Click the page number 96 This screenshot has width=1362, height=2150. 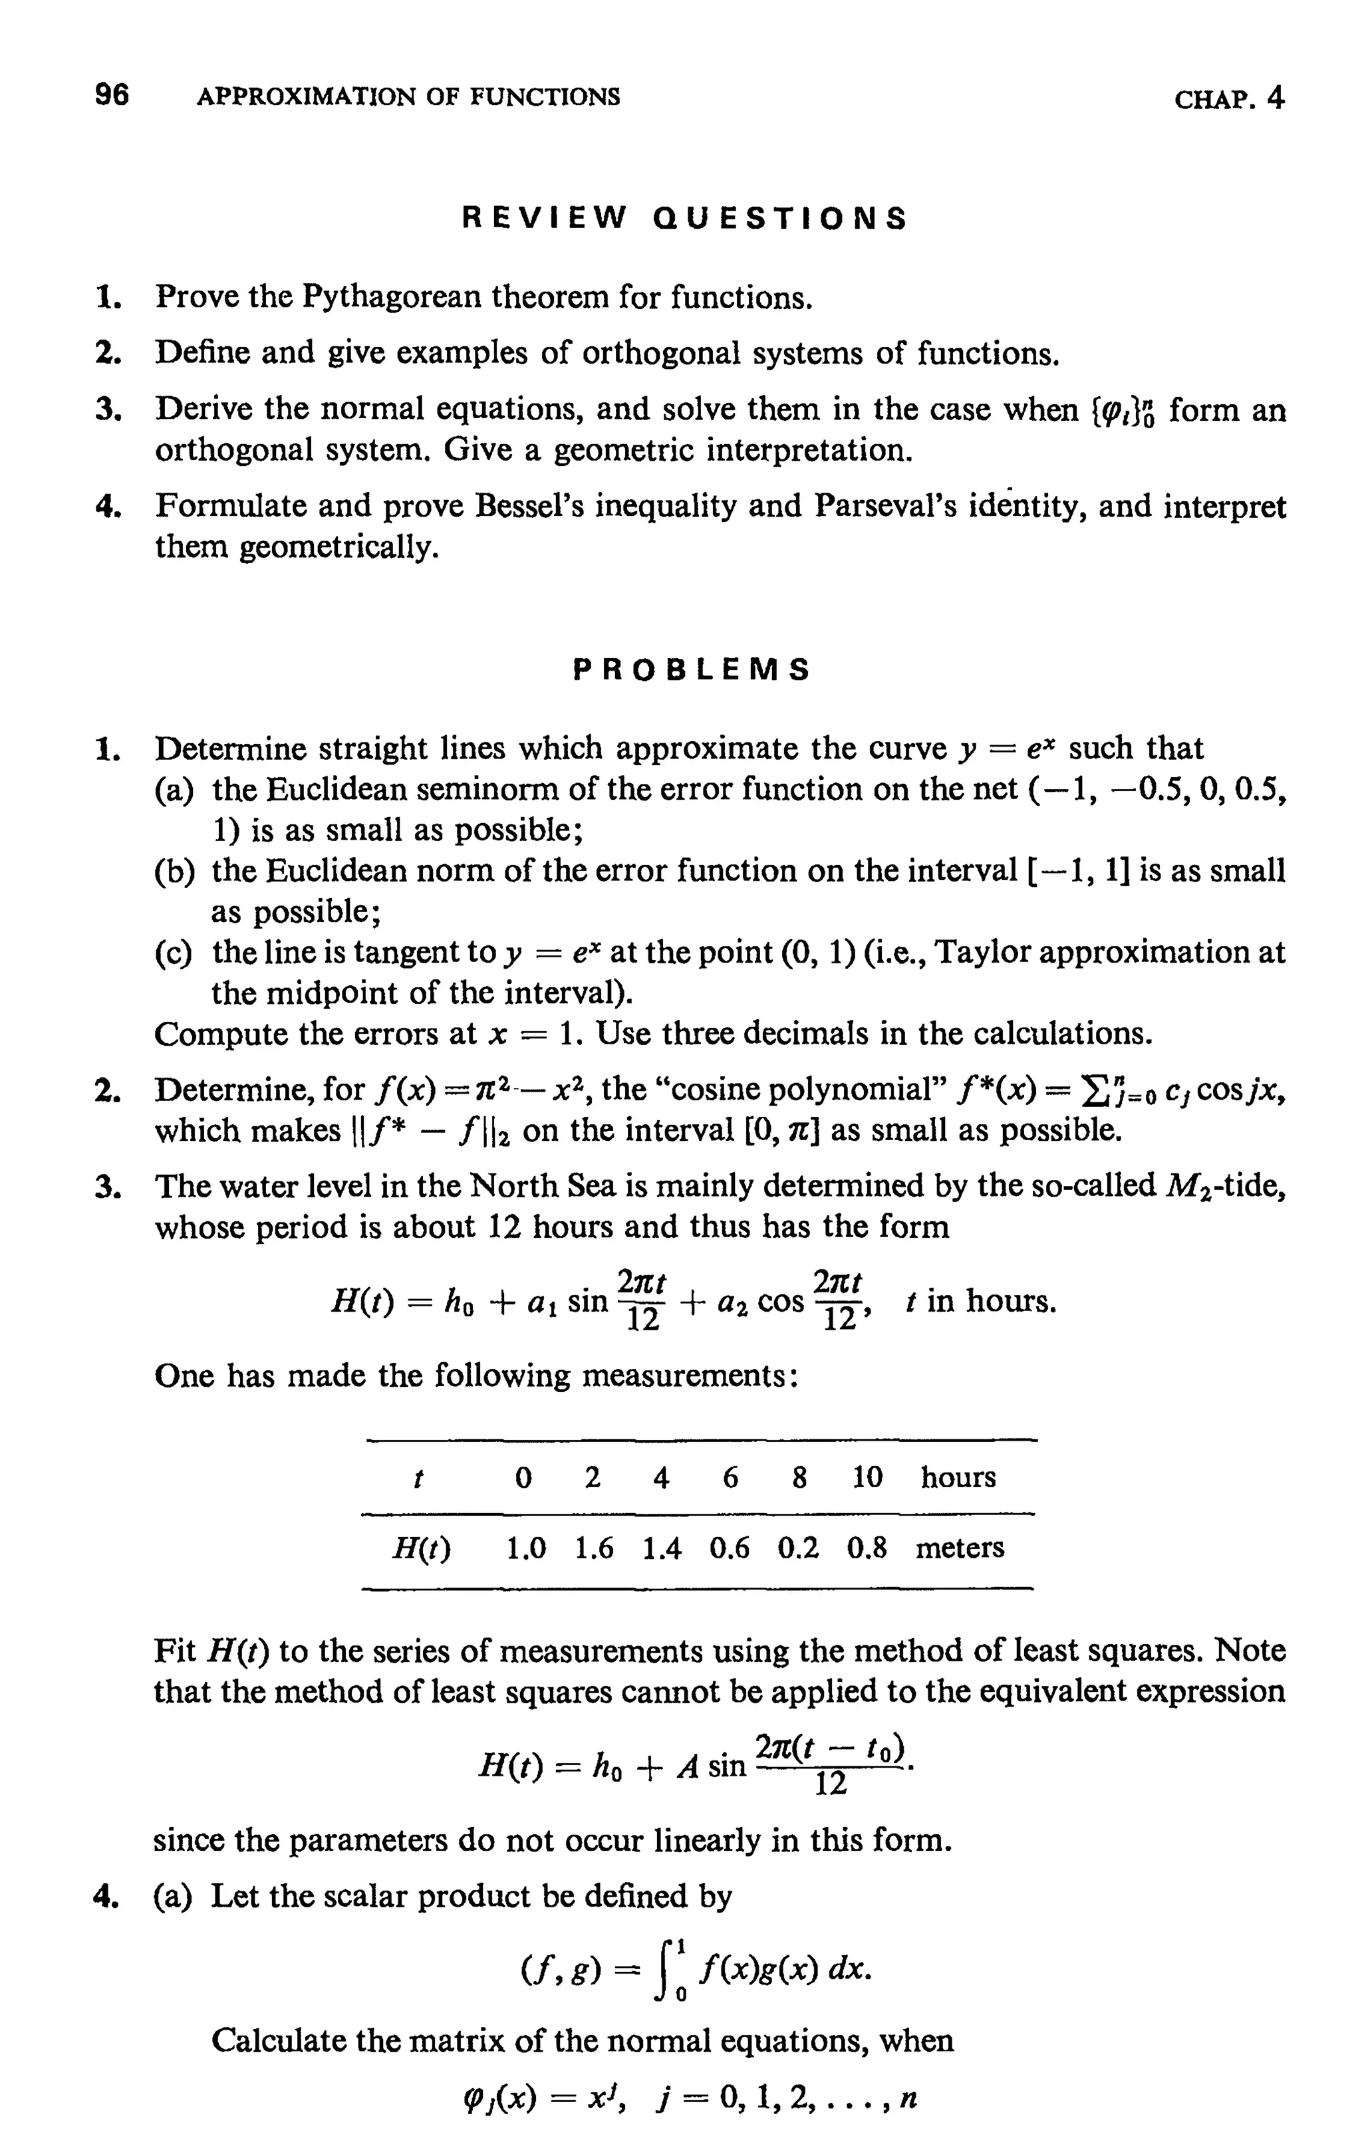coord(112,94)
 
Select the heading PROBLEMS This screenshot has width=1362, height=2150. coord(691,669)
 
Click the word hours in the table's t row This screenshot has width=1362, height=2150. coord(958,1478)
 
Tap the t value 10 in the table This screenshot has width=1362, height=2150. coord(867,1478)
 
